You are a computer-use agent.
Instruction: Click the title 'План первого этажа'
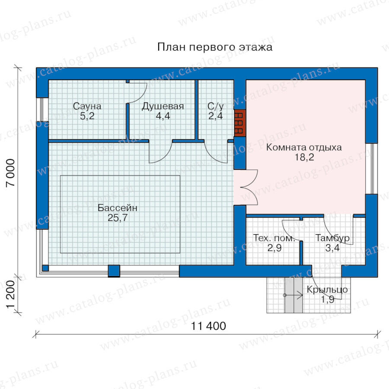[215, 47]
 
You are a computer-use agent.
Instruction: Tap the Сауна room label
[87, 106]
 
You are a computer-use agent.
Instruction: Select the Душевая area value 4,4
[163, 116]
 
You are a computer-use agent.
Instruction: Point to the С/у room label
[216, 106]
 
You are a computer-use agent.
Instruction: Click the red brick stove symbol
[240, 123]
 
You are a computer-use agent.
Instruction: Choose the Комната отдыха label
[304, 147]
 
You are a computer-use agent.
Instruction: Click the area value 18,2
[304, 157]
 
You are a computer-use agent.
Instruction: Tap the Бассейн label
[117, 208]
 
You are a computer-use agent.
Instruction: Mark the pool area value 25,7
[118, 217]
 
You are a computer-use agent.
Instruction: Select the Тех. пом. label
[274, 238]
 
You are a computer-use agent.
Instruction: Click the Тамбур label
[332, 238]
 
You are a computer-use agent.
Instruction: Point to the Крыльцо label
[327, 290]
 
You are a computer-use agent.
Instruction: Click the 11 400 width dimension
[208, 326]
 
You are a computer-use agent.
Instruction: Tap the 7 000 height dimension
[11, 172]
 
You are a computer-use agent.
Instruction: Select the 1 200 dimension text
[11, 294]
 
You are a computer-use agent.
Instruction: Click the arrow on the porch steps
[293, 295]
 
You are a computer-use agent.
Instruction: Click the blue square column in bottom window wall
[114, 271]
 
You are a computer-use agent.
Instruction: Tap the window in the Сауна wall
[42, 109]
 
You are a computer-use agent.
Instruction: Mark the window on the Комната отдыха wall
[371, 169]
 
